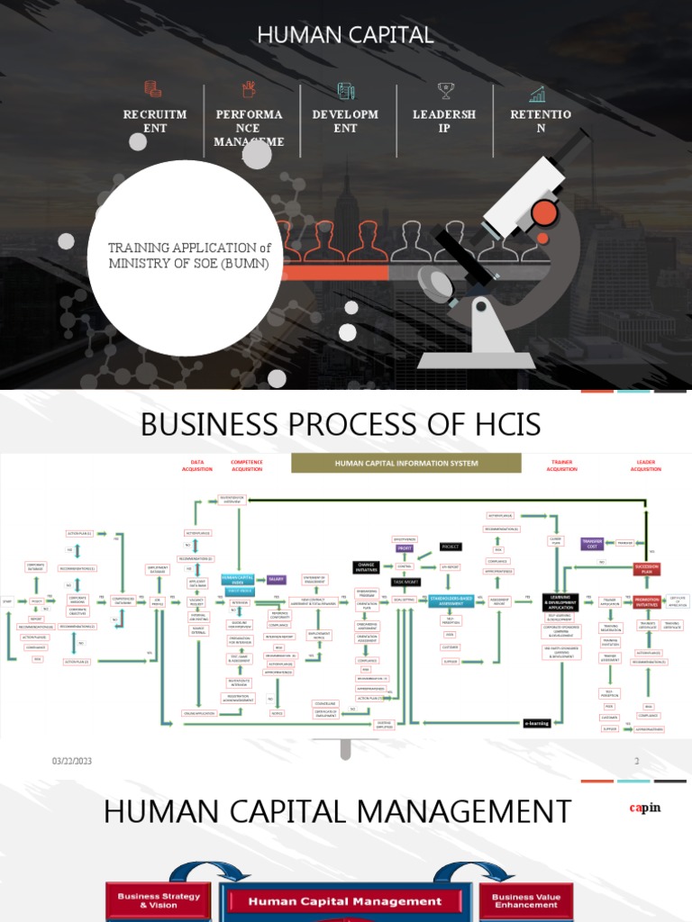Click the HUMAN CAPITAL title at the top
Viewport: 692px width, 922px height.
pos(345,35)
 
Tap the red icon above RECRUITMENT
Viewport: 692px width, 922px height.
pos(153,89)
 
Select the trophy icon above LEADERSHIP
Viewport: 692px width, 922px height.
pos(445,90)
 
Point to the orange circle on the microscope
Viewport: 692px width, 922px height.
pos(543,213)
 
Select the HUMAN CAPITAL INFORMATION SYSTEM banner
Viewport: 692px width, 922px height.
pos(405,463)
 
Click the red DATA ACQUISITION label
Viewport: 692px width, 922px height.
pos(197,466)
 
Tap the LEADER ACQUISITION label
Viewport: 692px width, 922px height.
pos(645,466)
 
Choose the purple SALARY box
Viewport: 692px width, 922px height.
pos(276,580)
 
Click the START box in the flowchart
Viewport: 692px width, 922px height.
pos(9,601)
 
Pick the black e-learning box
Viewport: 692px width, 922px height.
pos(537,722)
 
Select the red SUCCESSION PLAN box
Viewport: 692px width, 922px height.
pos(645,569)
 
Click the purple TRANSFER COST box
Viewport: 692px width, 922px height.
pos(592,543)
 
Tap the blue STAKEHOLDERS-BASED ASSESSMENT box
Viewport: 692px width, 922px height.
pos(458,601)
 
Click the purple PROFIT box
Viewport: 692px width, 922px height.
pos(404,547)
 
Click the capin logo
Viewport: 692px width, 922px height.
pos(644,808)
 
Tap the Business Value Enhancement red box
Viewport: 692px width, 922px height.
pos(525,901)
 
